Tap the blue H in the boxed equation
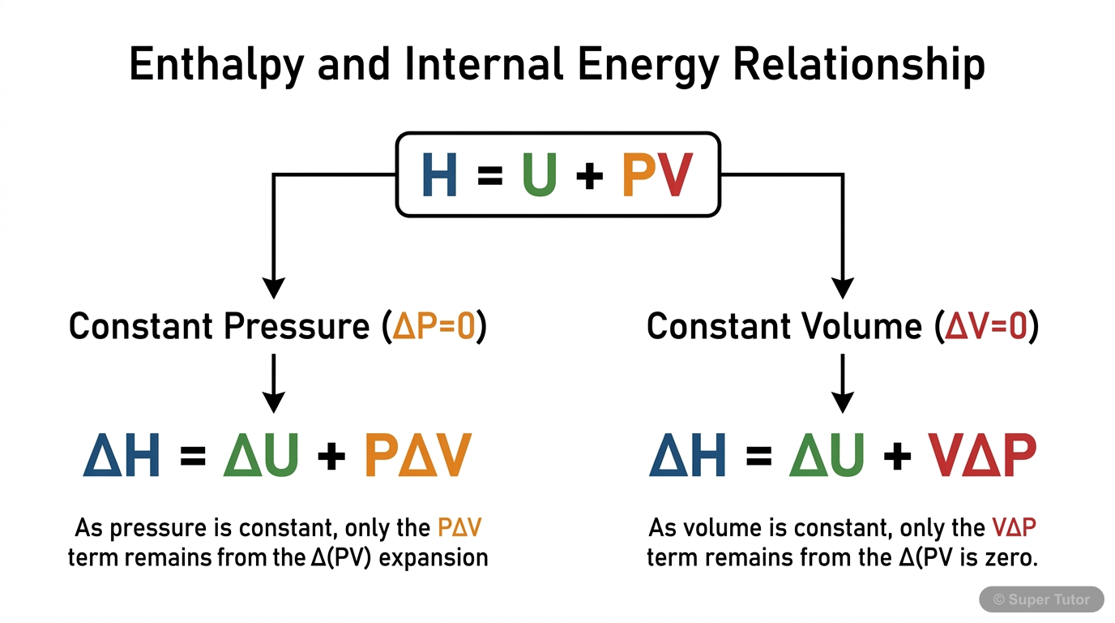439,176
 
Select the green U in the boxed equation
539,176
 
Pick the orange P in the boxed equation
639,176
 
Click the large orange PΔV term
417,457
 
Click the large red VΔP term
982,457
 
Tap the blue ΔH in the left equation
122,457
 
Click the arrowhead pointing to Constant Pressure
275,288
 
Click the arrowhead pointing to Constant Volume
844,288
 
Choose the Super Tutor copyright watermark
1041,599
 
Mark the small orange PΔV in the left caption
459,529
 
